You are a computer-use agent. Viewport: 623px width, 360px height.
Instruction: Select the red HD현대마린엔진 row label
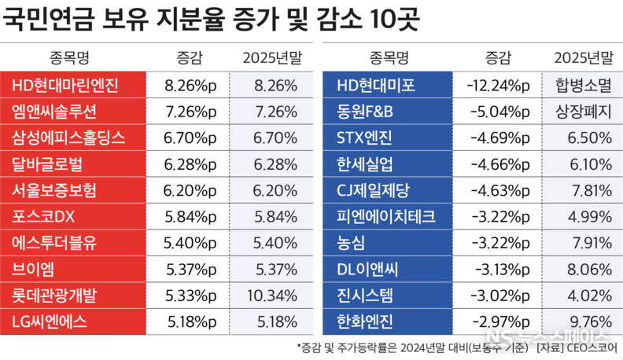(x=65, y=85)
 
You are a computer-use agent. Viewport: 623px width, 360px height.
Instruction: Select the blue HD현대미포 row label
(x=376, y=85)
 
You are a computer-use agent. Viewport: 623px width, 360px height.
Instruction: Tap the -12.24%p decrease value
(x=498, y=85)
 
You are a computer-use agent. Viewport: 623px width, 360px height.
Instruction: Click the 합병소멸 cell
(x=582, y=85)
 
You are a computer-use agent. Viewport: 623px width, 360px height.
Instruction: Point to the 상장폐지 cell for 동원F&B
(x=582, y=111)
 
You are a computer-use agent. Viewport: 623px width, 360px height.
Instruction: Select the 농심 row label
(x=352, y=241)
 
